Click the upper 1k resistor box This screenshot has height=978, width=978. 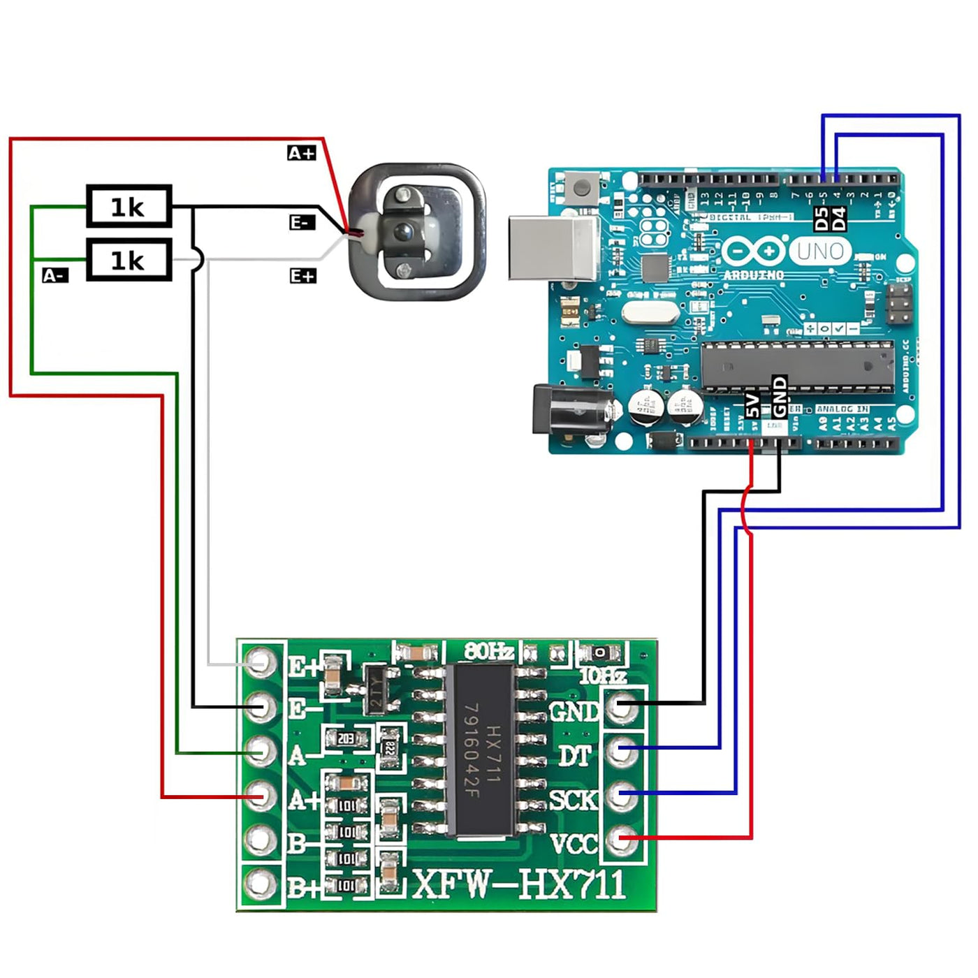[129, 206]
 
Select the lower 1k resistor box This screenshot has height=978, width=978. [129, 260]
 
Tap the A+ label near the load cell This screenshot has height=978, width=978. [302, 153]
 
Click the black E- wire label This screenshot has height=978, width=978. [302, 222]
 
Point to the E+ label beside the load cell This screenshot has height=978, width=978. [302, 276]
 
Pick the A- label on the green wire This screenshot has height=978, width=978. [55, 275]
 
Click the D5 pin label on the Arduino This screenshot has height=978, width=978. [822, 218]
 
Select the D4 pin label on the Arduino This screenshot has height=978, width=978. [839, 218]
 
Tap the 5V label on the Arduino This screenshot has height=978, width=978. [752, 405]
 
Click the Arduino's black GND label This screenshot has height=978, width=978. [780, 396]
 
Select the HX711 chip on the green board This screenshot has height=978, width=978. [481, 750]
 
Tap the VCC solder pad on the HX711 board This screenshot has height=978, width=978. [621, 839]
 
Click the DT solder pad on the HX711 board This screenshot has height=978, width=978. [621, 751]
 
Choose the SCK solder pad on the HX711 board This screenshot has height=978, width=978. [621, 795]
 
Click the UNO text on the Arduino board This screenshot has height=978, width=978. [820, 251]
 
